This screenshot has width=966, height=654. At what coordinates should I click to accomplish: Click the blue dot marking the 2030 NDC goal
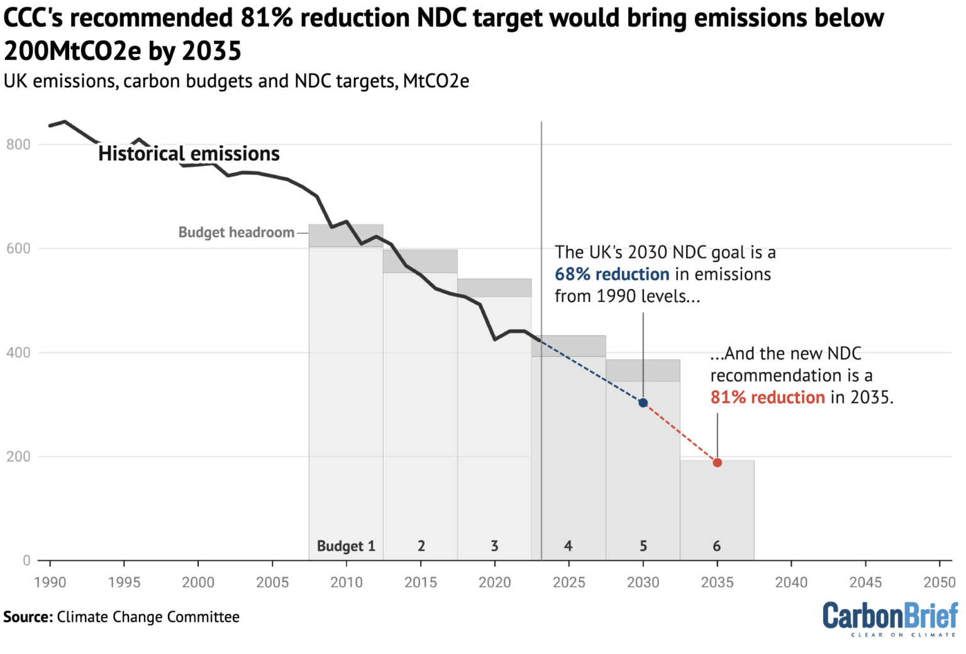coord(643,402)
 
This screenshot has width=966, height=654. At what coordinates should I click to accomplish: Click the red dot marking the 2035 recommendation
coord(717,463)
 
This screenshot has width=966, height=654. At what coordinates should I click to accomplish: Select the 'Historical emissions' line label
coord(189,153)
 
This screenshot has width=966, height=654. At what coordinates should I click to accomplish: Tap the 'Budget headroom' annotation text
coord(236,233)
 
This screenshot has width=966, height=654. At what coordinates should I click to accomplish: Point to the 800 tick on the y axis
coord(18,145)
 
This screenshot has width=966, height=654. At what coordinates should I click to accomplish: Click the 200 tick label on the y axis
coord(18,457)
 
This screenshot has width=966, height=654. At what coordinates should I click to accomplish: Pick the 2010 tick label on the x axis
coord(347,582)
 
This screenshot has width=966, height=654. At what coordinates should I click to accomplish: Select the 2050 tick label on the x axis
coord(939,582)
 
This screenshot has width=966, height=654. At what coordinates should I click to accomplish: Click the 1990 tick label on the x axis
coord(50,582)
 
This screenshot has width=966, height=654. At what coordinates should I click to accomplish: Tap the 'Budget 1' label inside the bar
coord(346,546)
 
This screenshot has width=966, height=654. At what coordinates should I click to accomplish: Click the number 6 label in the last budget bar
coord(716,546)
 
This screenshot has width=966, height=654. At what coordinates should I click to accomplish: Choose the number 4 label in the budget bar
coord(568,546)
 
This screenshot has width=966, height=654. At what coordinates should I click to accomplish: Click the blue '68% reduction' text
coord(611,274)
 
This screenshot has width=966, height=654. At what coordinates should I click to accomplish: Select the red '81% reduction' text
coord(767,397)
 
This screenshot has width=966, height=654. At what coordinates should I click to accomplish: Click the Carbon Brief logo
coord(890,618)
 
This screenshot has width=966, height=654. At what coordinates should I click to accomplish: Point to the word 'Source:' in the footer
coord(28,617)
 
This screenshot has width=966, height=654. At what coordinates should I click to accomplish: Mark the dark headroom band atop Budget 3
coord(494,287)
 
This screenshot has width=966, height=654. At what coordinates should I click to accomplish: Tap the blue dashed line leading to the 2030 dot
coord(591,372)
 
